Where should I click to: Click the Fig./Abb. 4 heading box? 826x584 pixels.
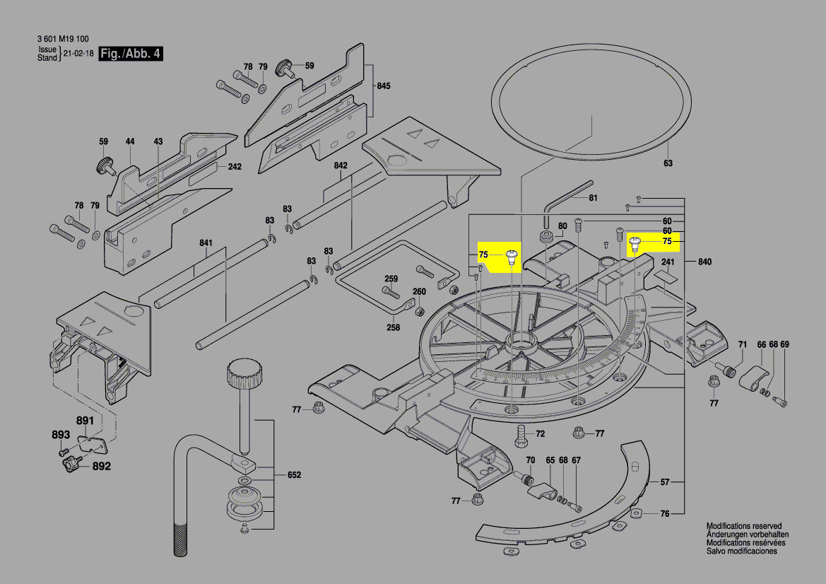tap(131, 54)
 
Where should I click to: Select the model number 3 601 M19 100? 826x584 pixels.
tap(63, 40)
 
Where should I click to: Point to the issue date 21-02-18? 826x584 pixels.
tap(78, 54)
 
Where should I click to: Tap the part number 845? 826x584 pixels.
tap(383, 86)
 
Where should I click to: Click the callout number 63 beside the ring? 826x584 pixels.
tap(668, 163)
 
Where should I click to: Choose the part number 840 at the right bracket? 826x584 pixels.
tap(704, 262)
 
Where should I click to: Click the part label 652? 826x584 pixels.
tap(294, 475)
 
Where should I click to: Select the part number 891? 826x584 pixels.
tap(85, 421)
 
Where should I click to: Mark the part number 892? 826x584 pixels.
tap(102, 467)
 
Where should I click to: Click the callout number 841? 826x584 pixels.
tap(206, 243)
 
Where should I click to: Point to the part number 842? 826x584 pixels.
tap(341, 165)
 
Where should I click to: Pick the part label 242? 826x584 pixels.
tap(235, 167)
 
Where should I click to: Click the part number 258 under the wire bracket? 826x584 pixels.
tap(393, 327)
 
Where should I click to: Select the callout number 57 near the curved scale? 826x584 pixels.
tap(665, 482)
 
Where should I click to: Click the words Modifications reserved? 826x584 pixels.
tap(744, 527)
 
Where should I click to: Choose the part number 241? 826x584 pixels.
tap(668, 261)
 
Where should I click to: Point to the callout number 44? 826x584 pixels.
tap(130, 141)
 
